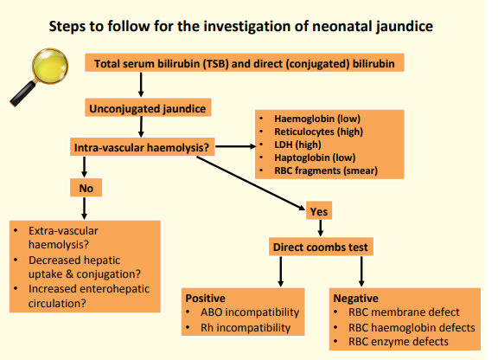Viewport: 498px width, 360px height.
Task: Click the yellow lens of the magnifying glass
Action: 50,66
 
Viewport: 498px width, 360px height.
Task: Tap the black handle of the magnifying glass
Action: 22,93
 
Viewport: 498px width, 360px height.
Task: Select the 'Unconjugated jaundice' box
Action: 148,108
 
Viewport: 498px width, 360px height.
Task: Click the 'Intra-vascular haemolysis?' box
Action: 143,147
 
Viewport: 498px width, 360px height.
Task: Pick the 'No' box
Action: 86,188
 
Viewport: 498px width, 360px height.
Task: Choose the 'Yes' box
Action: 319,211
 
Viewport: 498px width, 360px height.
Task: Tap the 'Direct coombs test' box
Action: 321,247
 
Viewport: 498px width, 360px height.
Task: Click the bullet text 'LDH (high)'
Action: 297,145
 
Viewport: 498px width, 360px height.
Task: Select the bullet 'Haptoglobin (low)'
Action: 315,157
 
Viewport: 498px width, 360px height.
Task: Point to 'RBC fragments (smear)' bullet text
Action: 326,170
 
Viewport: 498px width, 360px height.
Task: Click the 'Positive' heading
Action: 206,299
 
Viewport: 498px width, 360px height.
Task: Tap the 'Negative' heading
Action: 355,299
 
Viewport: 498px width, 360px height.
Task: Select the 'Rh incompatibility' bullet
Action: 246,328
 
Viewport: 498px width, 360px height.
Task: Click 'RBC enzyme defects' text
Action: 399,342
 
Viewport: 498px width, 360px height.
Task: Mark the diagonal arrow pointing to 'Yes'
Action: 251,183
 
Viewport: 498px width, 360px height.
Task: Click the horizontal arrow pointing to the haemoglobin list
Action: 235,146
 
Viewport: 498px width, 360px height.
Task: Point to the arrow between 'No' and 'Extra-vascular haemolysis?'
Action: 84,209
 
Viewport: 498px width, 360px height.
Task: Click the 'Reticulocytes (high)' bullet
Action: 318,132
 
